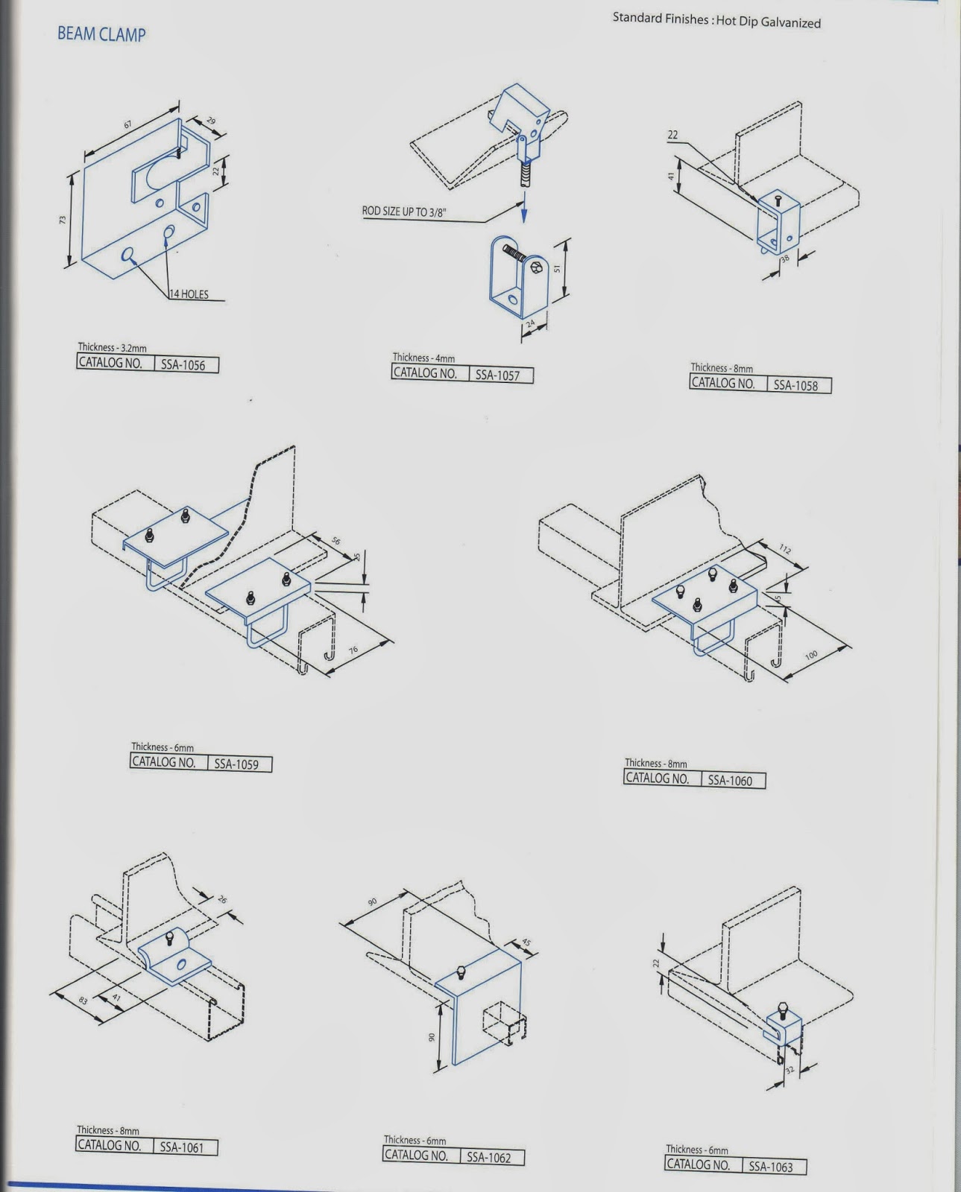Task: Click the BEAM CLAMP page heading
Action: pyautogui.click(x=101, y=34)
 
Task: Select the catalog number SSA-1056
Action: pyautogui.click(x=183, y=365)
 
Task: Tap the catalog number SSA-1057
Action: pyautogui.click(x=497, y=375)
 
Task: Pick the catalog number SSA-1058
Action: pyautogui.click(x=795, y=385)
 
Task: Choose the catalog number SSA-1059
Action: pyautogui.click(x=236, y=764)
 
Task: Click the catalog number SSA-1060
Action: pyautogui.click(x=730, y=781)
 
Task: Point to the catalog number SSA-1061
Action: pyautogui.click(x=182, y=1147)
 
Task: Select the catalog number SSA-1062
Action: pyautogui.click(x=488, y=1158)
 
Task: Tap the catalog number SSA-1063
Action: pyautogui.click(x=771, y=1167)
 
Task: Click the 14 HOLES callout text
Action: pyautogui.click(x=189, y=294)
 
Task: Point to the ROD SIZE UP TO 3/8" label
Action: pyautogui.click(x=404, y=212)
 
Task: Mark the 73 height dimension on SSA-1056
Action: pyautogui.click(x=63, y=220)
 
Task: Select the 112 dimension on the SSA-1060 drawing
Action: pyautogui.click(x=785, y=550)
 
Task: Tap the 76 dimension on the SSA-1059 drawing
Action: pyautogui.click(x=353, y=650)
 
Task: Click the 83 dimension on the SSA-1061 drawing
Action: pyautogui.click(x=84, y=1001)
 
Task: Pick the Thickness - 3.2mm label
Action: pyautogui.click(x=112, y=347)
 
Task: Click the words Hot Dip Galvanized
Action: pyautogui.click(x=768, y=22)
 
